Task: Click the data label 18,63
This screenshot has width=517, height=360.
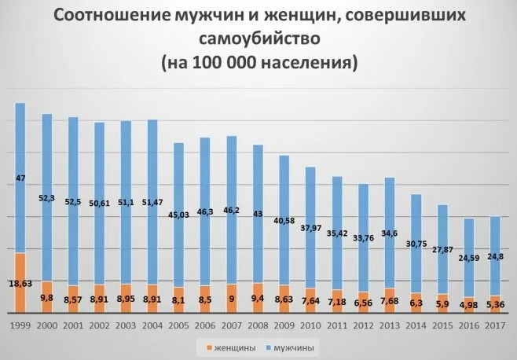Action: click(21, 283)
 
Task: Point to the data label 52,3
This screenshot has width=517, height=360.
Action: click(47, 198)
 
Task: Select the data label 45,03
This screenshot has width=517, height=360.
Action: click(179, 215)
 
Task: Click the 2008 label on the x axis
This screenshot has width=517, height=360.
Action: click(258, 324)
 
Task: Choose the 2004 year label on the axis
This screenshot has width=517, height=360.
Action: click(152, 324)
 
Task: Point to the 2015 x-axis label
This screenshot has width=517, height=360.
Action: click(443, 324)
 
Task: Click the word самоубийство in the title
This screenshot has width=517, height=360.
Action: click(258, 39)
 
